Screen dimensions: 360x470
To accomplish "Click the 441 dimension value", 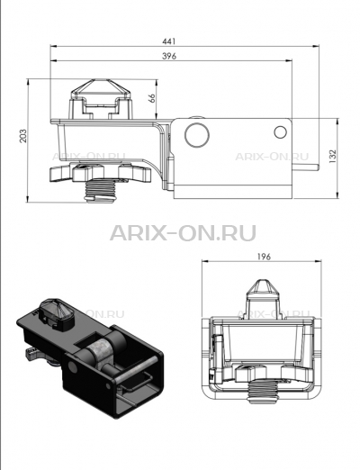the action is (168, 41).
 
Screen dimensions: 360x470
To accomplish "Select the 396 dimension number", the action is (169, 56).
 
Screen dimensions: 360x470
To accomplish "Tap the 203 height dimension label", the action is (23, 136).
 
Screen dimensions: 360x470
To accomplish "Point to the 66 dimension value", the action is (152, 98).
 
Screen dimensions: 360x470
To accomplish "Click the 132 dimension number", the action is (333, 156).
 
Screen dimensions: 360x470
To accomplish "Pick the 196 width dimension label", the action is (264, 257).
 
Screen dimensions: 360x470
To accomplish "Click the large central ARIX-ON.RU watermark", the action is (183, 233).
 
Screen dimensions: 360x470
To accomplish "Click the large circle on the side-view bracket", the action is (197, 134).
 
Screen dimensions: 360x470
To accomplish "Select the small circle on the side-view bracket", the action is (281, 132).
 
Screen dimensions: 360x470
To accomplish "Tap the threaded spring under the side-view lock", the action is (101, 191).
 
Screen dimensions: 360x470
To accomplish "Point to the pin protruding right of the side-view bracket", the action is (305, 167).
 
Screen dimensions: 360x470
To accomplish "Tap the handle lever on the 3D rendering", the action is (32, 354).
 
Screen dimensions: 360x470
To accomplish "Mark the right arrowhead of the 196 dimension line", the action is (319, 261).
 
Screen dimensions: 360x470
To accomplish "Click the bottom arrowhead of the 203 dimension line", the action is (27, 199).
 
